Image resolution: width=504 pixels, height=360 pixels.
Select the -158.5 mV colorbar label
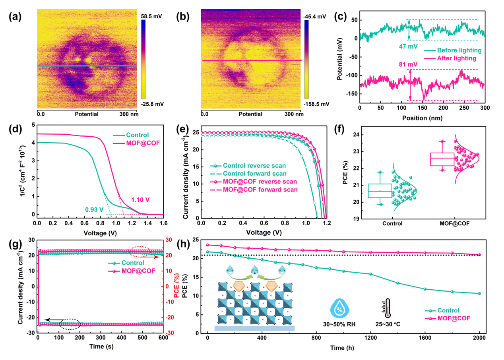317,104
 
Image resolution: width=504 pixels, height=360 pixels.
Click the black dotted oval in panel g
70,324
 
